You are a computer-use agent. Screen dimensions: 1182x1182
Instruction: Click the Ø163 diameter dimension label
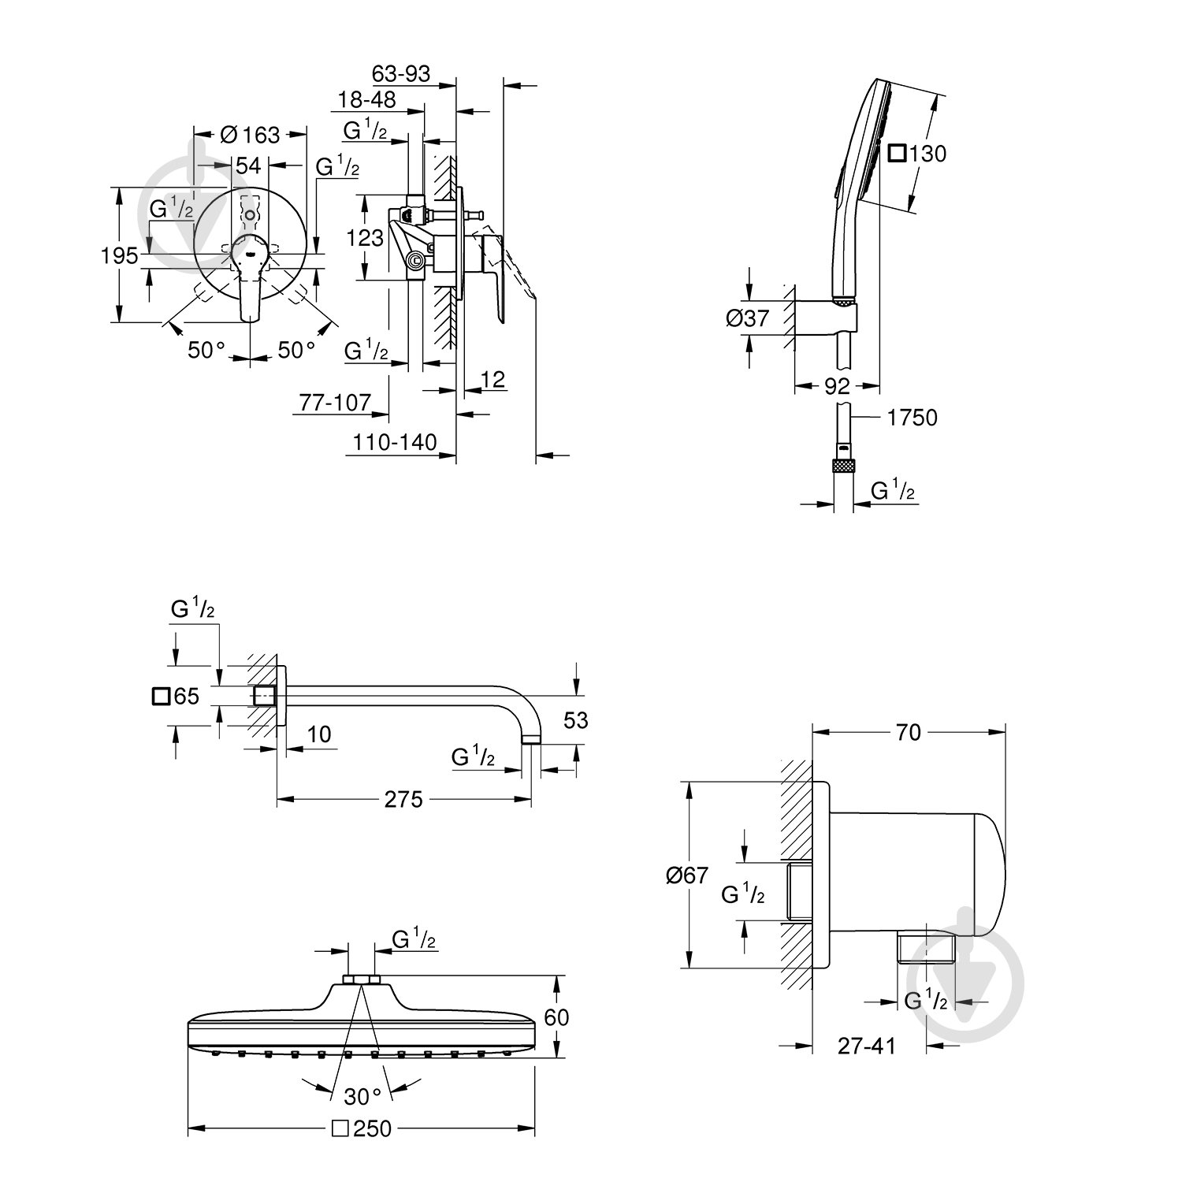251,135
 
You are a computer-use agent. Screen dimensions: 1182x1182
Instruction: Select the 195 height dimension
120,255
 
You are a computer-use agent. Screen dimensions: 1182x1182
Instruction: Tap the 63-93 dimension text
401,73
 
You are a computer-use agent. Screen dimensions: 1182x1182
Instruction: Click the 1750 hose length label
913,418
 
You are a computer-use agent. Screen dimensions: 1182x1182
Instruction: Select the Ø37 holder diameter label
746,318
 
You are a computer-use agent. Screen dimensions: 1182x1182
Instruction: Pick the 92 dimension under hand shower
837,386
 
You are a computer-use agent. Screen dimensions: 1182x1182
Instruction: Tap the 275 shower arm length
403,800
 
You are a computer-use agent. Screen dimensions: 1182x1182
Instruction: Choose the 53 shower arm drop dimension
576,720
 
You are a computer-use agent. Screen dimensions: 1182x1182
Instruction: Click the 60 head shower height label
556,1017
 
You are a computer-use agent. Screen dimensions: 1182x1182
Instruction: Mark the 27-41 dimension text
867,1046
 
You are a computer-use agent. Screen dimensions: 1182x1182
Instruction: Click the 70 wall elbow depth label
908,732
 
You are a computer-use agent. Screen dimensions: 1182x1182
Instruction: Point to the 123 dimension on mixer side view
365,236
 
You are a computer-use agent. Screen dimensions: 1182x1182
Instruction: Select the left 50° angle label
206,349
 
